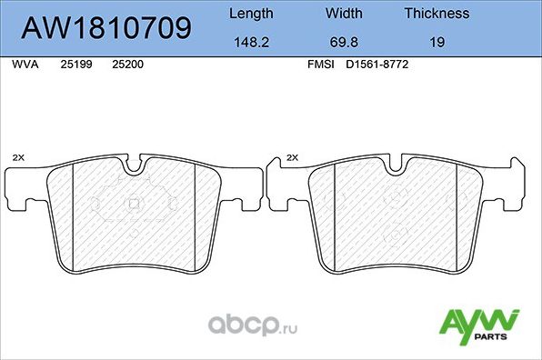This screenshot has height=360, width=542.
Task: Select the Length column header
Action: pyautogui.click(x=249, y=14)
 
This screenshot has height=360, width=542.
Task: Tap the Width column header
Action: pyautogui.click(x=344, y=14)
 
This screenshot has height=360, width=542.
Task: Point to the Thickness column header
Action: pyautogui.click(x=437, y=14)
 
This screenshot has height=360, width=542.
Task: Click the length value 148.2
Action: pyautogui.click(x=249, y=40)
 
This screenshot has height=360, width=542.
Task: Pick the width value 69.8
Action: pyautogui.click(x=344, y=40)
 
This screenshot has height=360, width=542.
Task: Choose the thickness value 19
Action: pyautogui.click(x=437, y=40)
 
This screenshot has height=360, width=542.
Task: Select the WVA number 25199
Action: pyautogui.click(x=75, y=66)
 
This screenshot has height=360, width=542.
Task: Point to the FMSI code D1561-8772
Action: pyautogui.click(x=375, y=66)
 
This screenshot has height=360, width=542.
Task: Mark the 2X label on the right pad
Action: pyautogui.click(x=292, y=157)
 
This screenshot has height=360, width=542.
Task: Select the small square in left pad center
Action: pyautogui.click(x=135, y=203)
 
